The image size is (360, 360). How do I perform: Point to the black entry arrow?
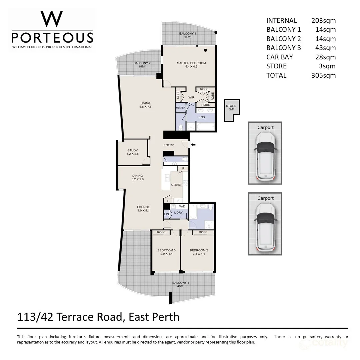point(193,145)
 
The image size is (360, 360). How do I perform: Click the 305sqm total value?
point(323,75)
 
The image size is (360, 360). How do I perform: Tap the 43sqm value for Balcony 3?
point(325,48)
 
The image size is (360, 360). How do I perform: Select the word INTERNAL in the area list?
point(281,20)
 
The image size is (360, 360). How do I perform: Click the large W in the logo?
point(52,19)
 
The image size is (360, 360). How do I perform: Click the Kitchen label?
point(177,185)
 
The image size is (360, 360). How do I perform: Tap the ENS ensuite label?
point(202,117)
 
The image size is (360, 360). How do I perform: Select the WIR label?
point(191,97)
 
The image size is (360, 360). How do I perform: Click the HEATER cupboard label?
point(180,108)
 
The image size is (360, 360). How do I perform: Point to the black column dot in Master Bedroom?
point(205,50)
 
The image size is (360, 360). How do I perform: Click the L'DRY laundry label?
point(178,213)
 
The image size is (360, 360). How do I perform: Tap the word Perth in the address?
point(165,317)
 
